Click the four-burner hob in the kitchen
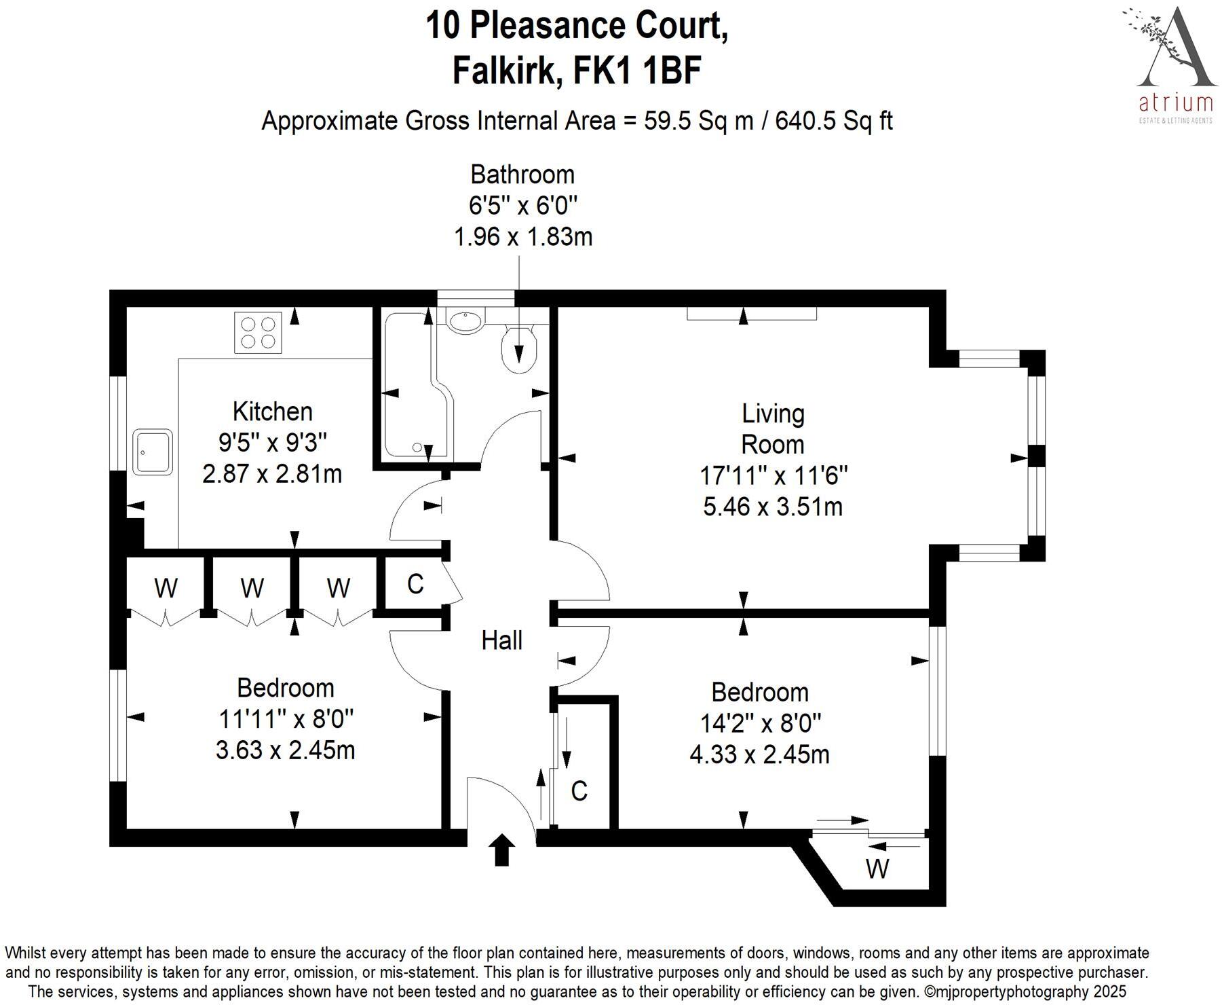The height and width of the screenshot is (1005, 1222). tap(258, 332)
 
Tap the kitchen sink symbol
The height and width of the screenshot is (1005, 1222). tap(153, 451)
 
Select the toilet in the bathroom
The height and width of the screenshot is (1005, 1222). tap(519, 348)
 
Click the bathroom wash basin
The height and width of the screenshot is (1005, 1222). tap(465, 320)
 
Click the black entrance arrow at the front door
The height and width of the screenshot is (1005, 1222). tap(501, 849)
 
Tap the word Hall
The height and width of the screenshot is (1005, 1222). tap(501, 640)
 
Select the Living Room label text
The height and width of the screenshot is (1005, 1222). tap(773, 428)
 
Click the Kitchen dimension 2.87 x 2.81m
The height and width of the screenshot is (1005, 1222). tap(272, 473)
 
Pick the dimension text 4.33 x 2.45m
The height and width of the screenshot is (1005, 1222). tap(759, 754)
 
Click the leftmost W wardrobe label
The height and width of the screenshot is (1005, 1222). tap(166, 587)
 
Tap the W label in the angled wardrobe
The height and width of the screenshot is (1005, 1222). tap(877, 869)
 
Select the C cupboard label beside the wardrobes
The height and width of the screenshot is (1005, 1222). tap(415, 583)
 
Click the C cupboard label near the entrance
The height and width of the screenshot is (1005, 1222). tap(579, 791)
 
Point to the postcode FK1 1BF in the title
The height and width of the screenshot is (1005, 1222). tap(637, 71)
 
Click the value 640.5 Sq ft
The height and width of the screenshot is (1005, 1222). tap(834, 121)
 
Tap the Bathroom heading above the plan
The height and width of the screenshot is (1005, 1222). tap(522, 175)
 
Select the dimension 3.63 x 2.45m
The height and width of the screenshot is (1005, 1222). tap(285, 750)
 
